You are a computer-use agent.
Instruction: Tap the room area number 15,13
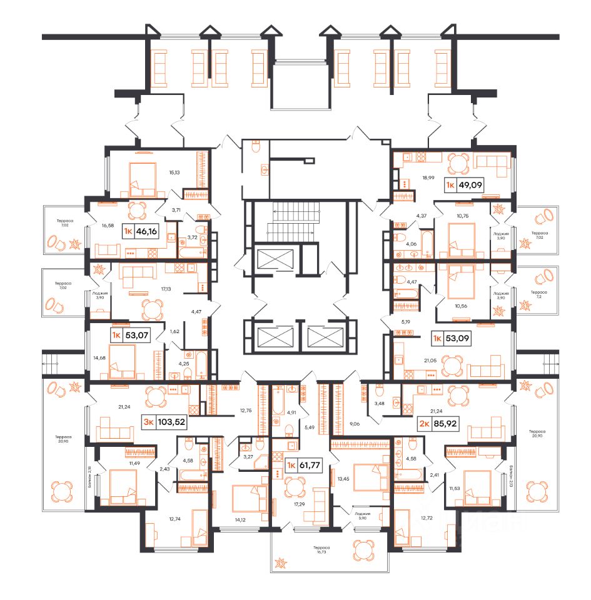pyautogui.click(x=174, y=172)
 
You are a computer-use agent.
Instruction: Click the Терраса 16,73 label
pyautogui.click(x=323, y=550)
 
